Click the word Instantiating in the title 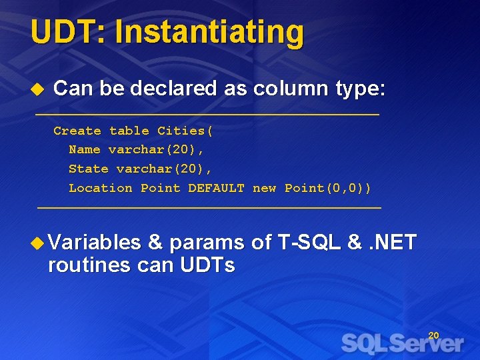[209, 32]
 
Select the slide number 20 [433, 335]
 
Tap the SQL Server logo [402, 344]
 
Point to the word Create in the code [77, 131]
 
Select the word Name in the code [85, 150]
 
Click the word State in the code [89, 169]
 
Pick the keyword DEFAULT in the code [216, 188]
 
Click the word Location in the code [101, 188]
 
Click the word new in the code [264, 188]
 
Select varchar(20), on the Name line [156, 150]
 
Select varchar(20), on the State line [164, 169]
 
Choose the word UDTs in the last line [207, 265]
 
